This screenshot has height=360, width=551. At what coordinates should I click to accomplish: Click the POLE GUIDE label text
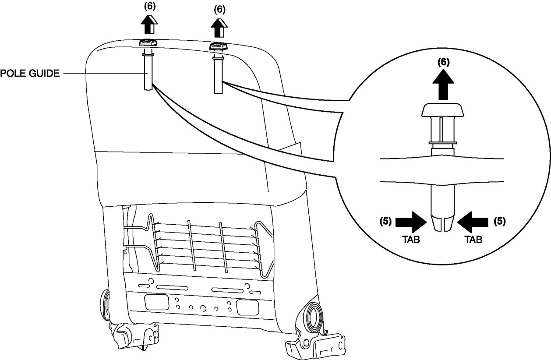(x=29, y=73)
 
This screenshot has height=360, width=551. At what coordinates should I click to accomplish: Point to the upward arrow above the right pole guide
(x=219, y=28)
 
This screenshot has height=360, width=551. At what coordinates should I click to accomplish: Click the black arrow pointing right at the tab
(x=410, y=222)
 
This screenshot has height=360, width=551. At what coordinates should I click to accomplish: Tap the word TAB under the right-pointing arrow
(x=411, y=240)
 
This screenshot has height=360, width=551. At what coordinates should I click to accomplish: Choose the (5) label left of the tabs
(x=385, y=222)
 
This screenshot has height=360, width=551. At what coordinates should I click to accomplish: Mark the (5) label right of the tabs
(x=499, y=222)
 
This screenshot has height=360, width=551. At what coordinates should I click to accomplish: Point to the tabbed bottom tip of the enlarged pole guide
(x=442, y=222)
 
